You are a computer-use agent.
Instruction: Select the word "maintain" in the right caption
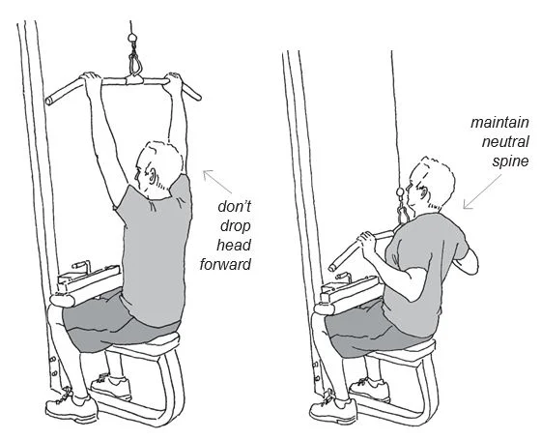coord(496,123)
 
